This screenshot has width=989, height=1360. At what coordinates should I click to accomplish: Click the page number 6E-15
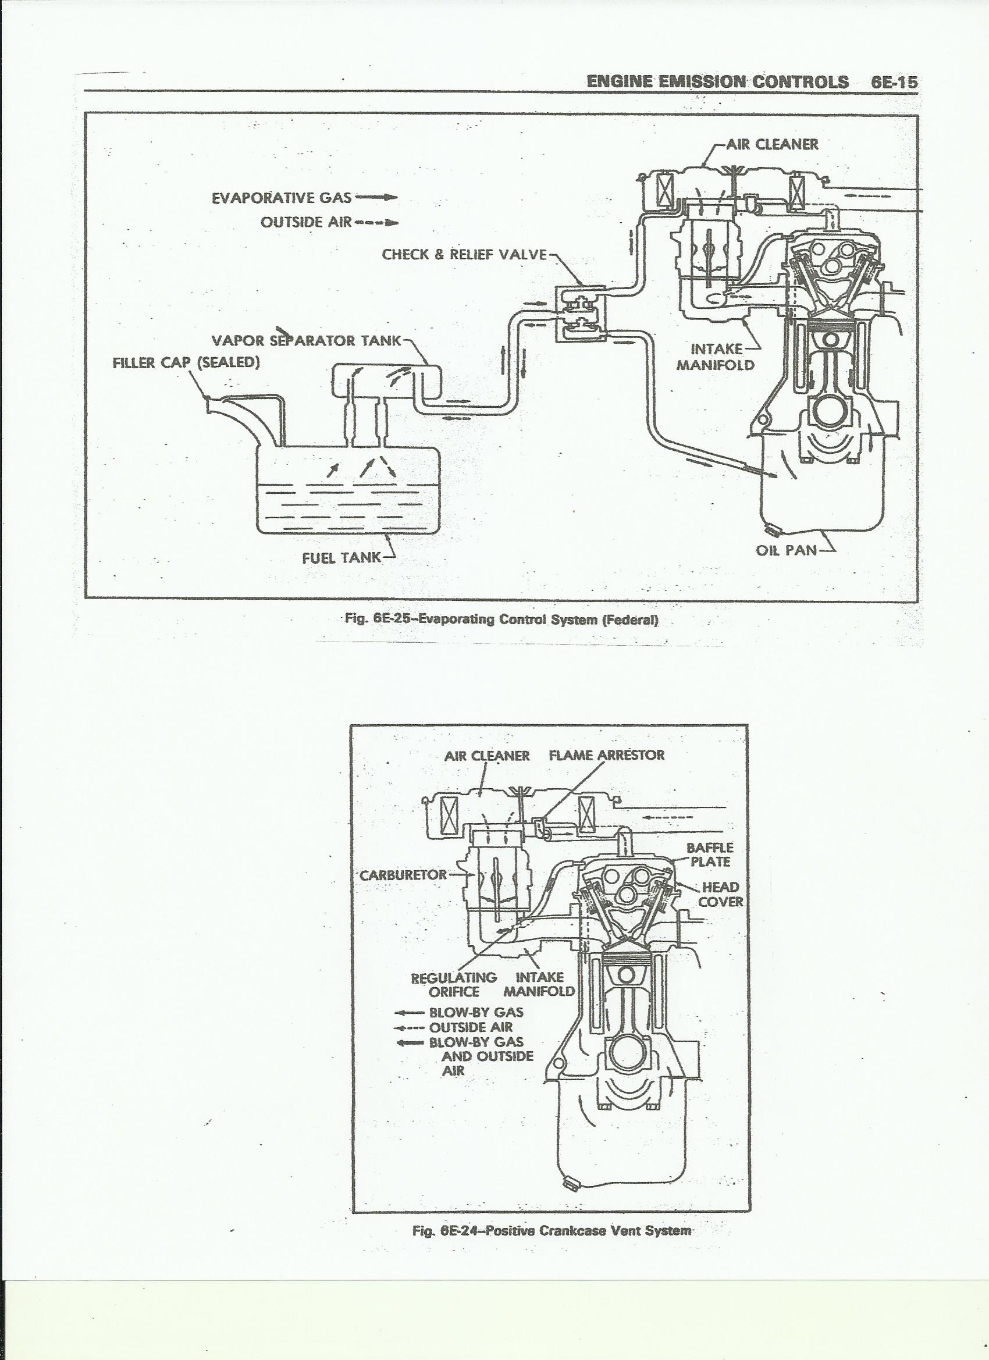point(894,82)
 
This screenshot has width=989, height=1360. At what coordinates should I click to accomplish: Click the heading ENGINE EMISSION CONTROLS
point(718,82)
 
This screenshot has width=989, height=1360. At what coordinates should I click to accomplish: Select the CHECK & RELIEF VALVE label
point(464,254)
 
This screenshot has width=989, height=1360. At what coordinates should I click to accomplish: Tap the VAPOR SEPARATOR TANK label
point(306,341)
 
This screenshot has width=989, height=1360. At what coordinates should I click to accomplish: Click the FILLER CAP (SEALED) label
point(186,363)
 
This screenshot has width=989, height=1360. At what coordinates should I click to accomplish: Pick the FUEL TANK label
point(341,557)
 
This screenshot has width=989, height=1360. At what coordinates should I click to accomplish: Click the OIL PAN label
point(786,550)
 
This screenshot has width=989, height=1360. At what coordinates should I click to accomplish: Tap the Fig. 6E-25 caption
point(501,620)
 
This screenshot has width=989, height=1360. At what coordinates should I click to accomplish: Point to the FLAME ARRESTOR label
point(606,755)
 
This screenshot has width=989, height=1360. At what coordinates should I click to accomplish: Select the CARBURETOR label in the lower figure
point(403,875)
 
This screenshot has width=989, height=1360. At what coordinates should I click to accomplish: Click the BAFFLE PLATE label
point(710,855)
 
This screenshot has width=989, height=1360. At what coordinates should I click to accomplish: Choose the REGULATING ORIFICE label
point(454,985)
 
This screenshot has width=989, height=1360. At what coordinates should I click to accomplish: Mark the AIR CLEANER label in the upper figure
point(772,144)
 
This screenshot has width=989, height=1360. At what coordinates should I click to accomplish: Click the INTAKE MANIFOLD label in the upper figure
point(715,356)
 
